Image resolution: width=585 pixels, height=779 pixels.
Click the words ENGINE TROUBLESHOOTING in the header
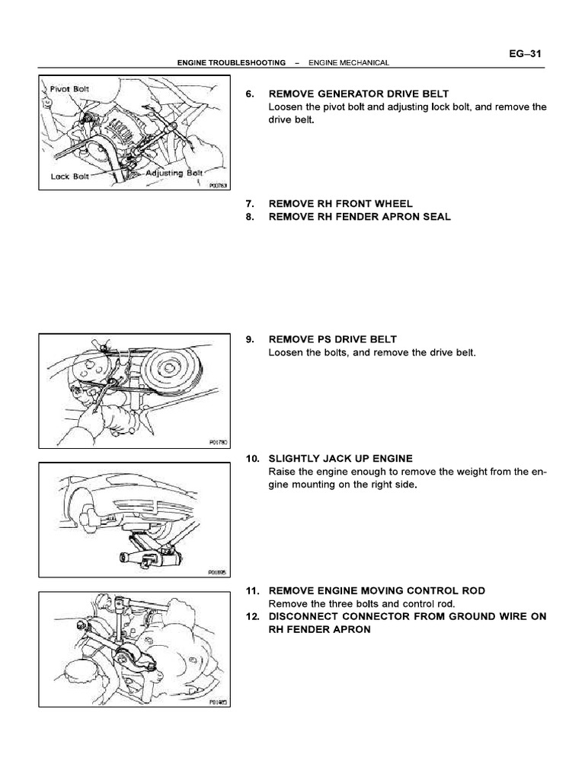click(231, 62)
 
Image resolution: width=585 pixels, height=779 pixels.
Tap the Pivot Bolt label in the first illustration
click(69, 88)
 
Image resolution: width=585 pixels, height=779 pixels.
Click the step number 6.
click(249, 94)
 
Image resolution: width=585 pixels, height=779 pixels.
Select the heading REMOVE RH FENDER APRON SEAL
click(360, 217)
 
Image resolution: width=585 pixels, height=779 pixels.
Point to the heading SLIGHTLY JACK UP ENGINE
click(340, 459)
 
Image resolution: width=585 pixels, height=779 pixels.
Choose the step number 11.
click(252, 590)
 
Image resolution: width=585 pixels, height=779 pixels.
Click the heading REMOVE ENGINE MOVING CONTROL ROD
click(376, 590)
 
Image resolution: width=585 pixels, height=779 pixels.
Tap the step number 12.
click(252, 616)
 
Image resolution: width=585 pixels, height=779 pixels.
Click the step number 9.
click(249, 339)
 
